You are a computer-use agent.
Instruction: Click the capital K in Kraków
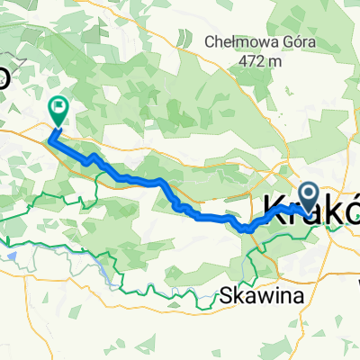[274, 209]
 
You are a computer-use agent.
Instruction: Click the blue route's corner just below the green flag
[51, 139]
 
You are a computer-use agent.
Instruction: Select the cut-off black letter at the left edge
[4, 75]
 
